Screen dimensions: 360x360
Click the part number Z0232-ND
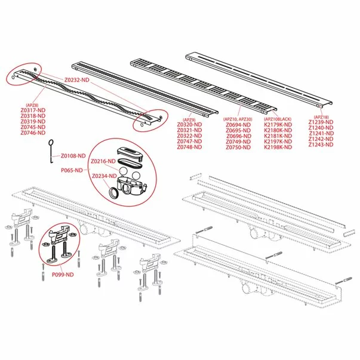tap(77, 79)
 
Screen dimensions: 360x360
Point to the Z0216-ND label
tap(103, 162)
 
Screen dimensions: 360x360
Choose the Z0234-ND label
tap(103, 176)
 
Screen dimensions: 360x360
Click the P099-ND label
tap(62, 274)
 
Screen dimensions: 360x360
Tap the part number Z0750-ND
tap(239, 147)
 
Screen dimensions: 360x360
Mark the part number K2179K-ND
tap(278, 124)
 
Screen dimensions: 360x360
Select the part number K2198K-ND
tap(278, 147)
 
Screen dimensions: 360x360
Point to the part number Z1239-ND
tap(321, 122)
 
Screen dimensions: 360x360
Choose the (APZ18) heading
tap(321, 117)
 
